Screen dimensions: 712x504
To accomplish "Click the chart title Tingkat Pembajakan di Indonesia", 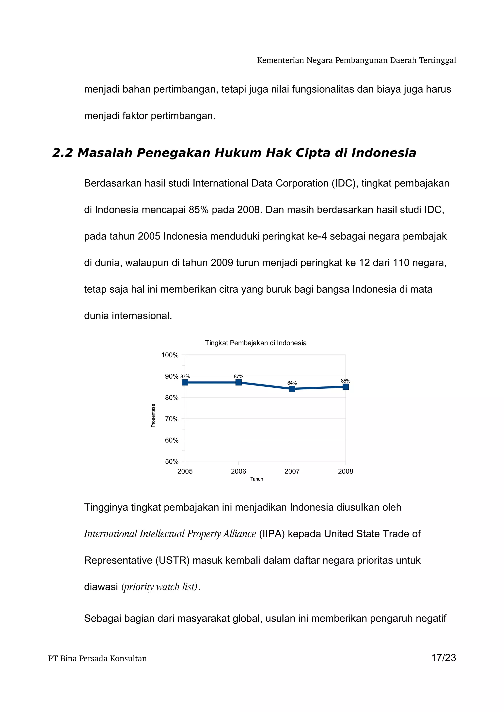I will tap(256, 343).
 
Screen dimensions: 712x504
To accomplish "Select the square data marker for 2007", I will tap(292, 389).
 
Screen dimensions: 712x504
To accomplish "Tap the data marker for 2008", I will tap(345, 387).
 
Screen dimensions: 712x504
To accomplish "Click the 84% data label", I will tap(292, 383).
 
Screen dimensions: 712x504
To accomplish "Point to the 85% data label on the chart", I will tap(345, 381).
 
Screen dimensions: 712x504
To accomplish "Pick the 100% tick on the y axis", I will tap(170, 355).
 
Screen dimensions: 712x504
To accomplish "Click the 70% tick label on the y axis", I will tap(172, 419).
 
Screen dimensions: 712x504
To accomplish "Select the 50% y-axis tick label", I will tap(172, 461).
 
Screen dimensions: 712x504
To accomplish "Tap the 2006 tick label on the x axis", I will tap(238, 471).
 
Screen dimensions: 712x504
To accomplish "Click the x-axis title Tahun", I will tap(256, 479).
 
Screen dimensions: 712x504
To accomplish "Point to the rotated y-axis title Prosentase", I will tap(153, 415).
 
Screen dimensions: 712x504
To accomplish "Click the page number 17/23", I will tap(443, 658).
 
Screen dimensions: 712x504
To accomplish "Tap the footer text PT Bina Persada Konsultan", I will tap(97, 658).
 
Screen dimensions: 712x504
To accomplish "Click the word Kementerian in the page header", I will tap(280, 60).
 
